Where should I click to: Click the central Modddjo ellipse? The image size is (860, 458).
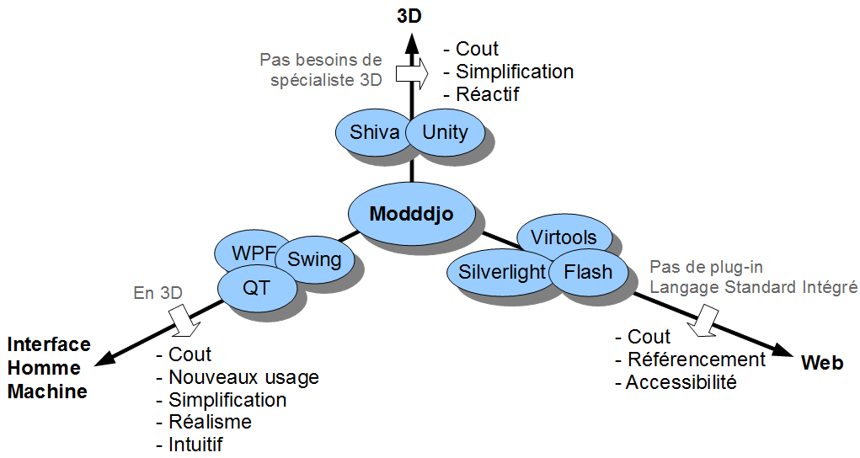(411, 215)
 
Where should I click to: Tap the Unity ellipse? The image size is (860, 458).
(445, 132)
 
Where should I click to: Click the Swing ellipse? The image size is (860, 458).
(315, 259)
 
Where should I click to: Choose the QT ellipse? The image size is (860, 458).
(256, 287)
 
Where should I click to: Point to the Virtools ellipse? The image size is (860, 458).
(564, 237)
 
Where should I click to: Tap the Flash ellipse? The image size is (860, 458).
(588, 271)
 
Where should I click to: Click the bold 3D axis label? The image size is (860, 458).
(409, 17)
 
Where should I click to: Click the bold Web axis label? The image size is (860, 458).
(821, 363)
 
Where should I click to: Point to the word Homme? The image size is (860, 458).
(44, 368)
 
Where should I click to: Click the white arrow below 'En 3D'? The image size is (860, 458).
(184, 319)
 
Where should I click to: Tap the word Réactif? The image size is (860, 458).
(487, 94)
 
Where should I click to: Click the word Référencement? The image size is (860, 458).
(696, 359)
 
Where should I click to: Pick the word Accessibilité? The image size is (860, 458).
(681, 381)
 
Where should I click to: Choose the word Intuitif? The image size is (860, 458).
(195, 445)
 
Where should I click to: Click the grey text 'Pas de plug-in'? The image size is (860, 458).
(707, 267)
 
